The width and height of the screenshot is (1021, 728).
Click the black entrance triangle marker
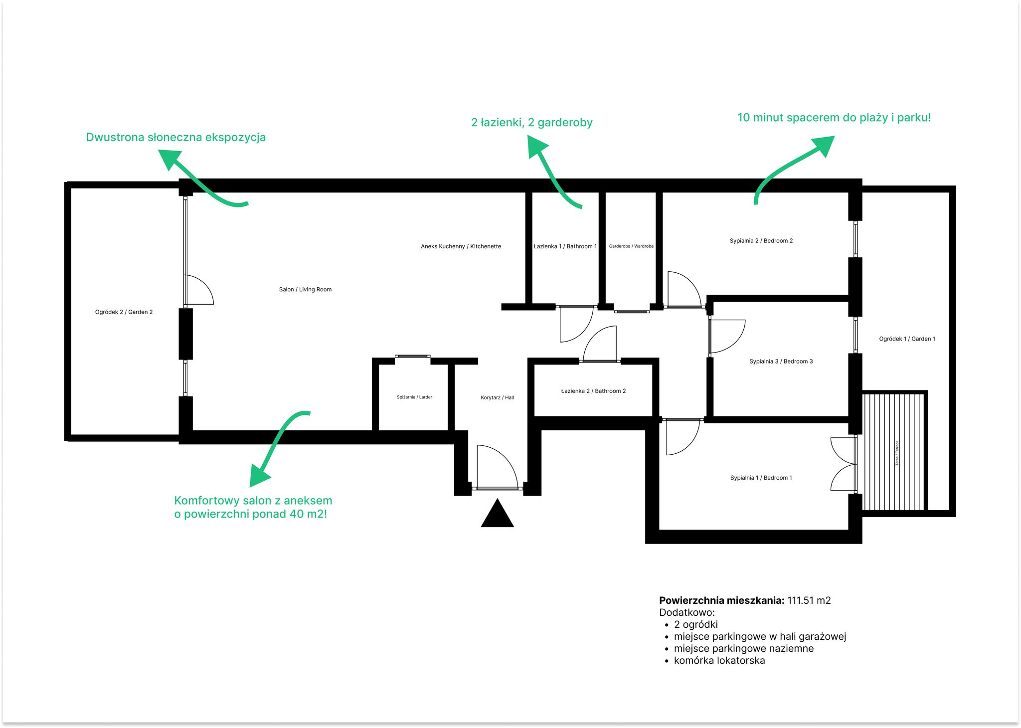point(497,515)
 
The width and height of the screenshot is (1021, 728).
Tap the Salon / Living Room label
point(305,289)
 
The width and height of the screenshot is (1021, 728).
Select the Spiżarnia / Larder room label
point(414,397)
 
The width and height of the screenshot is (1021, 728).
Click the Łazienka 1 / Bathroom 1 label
point(565,246)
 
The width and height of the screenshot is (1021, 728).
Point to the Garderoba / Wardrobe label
point(631,246)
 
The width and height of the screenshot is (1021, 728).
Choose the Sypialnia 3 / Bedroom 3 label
point(781,362)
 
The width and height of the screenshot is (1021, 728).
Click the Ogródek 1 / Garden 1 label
point(907,339)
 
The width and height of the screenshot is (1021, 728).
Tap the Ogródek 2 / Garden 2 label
point(124,312)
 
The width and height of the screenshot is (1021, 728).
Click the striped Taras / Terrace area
point(893,452)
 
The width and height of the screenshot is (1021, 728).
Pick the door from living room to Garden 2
point(198,290)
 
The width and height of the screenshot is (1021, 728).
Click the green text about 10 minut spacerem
point(834,118)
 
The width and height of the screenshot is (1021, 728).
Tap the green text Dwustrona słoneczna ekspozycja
point(175,138)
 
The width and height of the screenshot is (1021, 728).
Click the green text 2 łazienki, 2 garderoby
point(531,123)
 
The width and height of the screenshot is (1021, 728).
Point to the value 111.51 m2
point(809,600)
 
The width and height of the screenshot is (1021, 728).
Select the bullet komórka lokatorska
point(719,661)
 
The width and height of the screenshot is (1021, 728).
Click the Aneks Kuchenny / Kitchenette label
point(461,246)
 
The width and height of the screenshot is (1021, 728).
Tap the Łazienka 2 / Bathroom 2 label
point(593,391)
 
